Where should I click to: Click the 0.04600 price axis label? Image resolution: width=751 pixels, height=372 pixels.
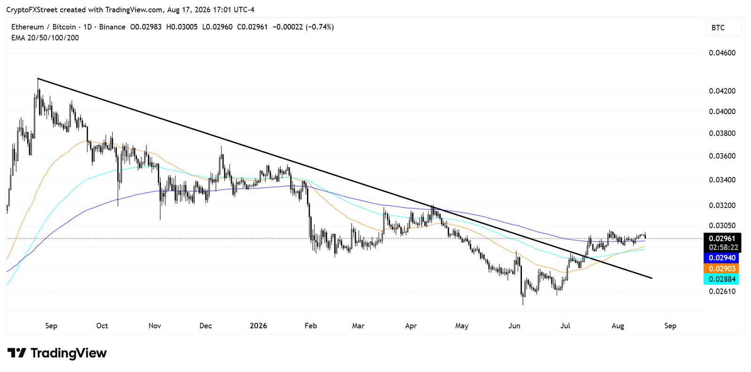click(x=722, y=53)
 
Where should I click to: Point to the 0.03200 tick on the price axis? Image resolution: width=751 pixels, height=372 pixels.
click(x=722, y=205)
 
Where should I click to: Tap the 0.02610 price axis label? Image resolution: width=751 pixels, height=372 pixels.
click(x=722, y=291)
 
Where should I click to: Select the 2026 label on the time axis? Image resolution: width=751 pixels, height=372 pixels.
click(x=259, y=325)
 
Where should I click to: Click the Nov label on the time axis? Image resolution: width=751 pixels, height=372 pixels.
click(x=155, y=325)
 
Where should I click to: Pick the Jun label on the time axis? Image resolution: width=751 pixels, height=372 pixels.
click(x=514, y=325)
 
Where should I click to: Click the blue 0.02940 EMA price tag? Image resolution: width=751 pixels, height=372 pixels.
click(x=721, y=258)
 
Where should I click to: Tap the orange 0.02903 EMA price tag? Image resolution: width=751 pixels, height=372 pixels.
click(x=721, y=269)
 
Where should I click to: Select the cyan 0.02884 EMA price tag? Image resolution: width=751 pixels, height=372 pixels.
click(x=721, y=279)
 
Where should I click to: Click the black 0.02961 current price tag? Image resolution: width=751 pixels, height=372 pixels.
click(x=722, y=239)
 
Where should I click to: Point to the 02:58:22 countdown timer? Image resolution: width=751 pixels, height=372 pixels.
click(x=723, y=248)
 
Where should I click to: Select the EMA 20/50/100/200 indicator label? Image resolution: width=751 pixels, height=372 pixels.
click(x=45, y=38)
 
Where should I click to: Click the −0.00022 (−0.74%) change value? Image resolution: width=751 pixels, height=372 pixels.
click(x=303, y=27)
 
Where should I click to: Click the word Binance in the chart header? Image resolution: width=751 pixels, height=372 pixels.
click(x=112, y=27)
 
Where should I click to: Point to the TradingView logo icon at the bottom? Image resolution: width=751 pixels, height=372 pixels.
click(x=17, y=353)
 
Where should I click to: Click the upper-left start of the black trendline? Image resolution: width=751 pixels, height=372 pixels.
click(x=38, y=78)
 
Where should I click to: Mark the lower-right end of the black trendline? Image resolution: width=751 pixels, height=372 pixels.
click(x=652, y=278)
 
